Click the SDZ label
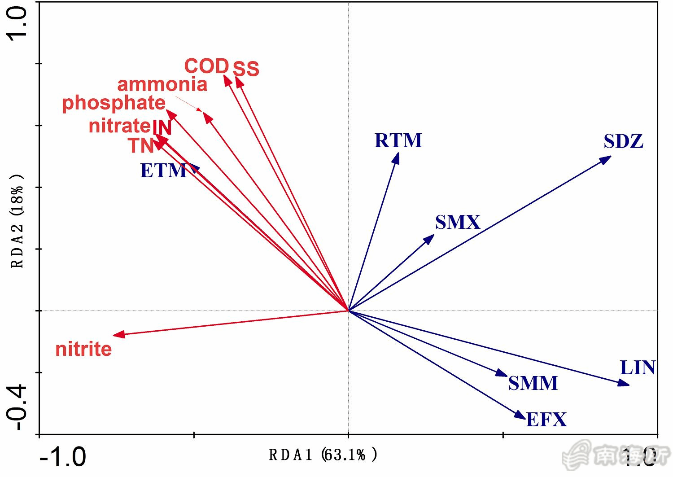[x=623, y=141]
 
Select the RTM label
[x=398, y=140]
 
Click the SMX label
[x=457, y=223]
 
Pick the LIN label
[x=637, y=368]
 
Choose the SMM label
[x=533, y=383]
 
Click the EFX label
[x=546, y=420]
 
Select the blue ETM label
[x=163, y=171]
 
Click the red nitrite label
[x=83, y=349]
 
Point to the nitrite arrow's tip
[x=114, y=335]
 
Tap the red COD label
[x=206, y=66]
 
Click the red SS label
[x=246, y=69]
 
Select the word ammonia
[x=162, y=84]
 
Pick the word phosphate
[x=114, y=103]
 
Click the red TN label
[x=141, y=146]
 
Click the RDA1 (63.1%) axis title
[x=323, y=455]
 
